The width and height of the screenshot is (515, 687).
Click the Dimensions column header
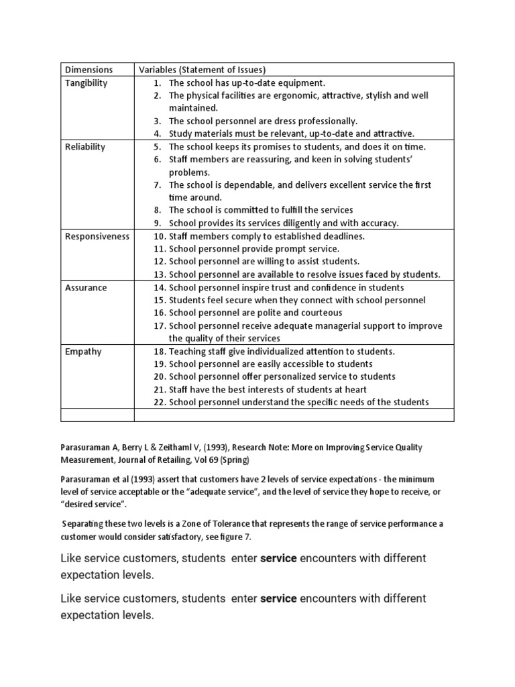coord(89,70)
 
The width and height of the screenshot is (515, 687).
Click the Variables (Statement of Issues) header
coord(202,70)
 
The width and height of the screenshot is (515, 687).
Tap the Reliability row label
coord(84,146)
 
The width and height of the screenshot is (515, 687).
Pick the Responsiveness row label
coord(97,236)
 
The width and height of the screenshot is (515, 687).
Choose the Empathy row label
coord(82,351)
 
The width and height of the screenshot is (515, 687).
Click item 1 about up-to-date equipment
coord(247,83)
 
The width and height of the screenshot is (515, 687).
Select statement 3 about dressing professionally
coord(263,121)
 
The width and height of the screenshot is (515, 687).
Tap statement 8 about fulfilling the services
coord(261,210)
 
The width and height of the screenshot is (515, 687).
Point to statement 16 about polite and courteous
coord(255,313)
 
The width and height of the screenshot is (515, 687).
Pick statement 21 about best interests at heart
coord(268,389)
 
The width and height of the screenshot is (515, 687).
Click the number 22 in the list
coord(159,402)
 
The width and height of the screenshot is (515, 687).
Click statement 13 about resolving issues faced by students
coord(304,274)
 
